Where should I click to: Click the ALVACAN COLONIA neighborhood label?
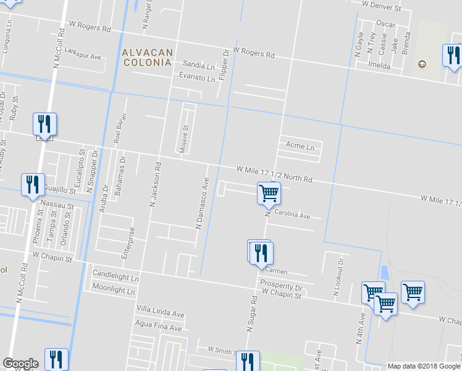coord(148,58)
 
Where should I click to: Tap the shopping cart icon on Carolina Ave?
coord(269,193)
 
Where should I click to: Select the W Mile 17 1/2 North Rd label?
coord(274,174)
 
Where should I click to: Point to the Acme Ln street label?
coord(300,147)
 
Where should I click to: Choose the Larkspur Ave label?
coord(82,56)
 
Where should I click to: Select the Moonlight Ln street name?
coord(113,289)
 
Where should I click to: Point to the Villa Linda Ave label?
coord(161,313)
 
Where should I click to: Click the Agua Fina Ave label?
coord(159,328)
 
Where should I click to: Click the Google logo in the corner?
coord(20,364)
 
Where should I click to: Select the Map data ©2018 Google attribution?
coord(424,366)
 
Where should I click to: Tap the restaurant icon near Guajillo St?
coord(33,185)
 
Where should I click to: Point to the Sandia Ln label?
coord(198,64)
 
